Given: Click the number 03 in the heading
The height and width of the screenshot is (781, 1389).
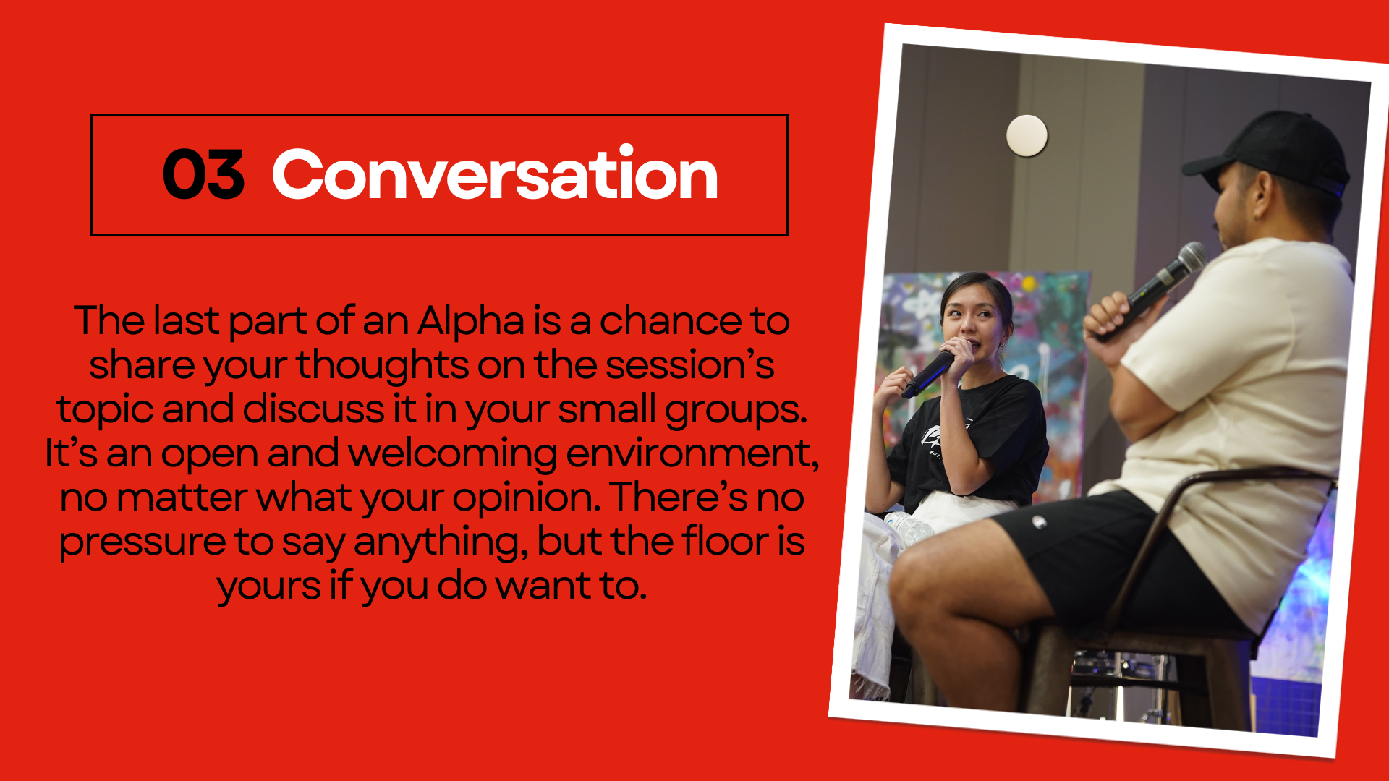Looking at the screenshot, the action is tap(203, 174).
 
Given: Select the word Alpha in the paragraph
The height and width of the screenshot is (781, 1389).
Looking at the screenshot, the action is tap(470, 322).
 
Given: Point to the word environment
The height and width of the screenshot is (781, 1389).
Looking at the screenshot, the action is tap(692, 453).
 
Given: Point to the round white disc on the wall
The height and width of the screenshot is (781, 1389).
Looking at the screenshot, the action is tap(1027, 135).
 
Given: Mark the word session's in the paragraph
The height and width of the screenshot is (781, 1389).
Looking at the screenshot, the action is tap(689, 364).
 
